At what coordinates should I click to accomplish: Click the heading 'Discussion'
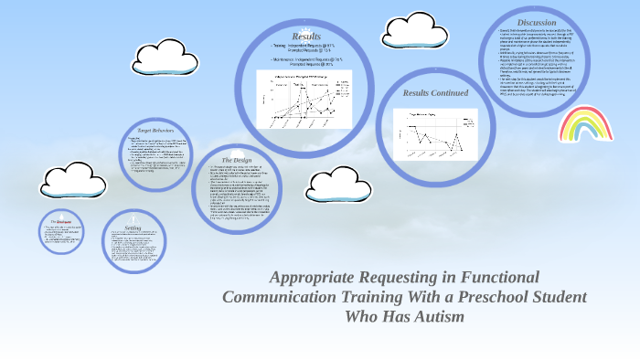tap(536, 22)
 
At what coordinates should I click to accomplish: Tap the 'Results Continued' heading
tap(435, 93)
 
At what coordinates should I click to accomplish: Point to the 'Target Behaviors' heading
tap(149, 131)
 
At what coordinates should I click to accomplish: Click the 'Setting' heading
tap(133, 228)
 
